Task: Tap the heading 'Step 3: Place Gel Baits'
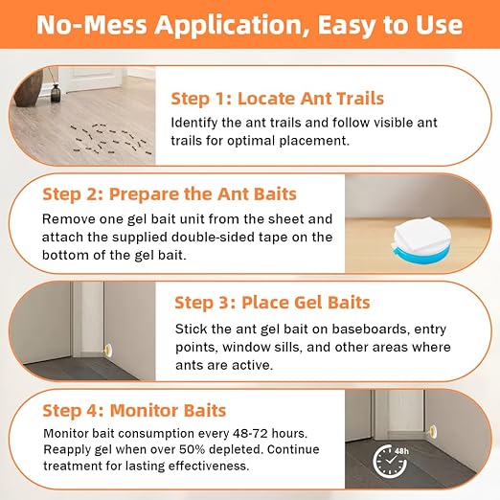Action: coord(272,303)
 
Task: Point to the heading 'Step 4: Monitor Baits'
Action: coord(134,411)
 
